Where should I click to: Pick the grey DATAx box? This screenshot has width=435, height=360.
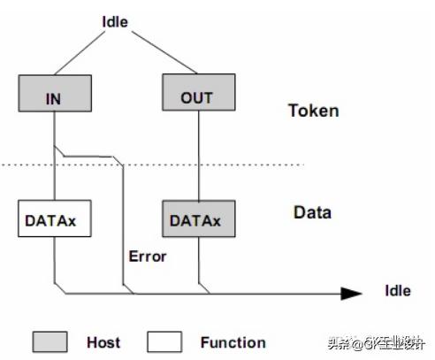tap(196, 218)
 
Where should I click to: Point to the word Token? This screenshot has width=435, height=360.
tap(313, 111)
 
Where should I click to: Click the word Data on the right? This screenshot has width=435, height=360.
tap(312, 212)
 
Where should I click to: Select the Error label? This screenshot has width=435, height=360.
tap(147, 257)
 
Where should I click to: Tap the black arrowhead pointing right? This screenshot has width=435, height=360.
tap(351, 293)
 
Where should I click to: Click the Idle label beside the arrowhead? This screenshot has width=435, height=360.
tap(397, 290)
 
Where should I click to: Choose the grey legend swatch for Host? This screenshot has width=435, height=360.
tap(50, 341)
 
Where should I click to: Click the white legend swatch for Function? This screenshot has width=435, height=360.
tap(164, 341)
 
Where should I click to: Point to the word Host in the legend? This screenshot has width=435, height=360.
tap(103, 342)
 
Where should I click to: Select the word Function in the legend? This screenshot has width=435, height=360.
tap(233, 342)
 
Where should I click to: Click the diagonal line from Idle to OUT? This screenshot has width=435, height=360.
tap(159, 50)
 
